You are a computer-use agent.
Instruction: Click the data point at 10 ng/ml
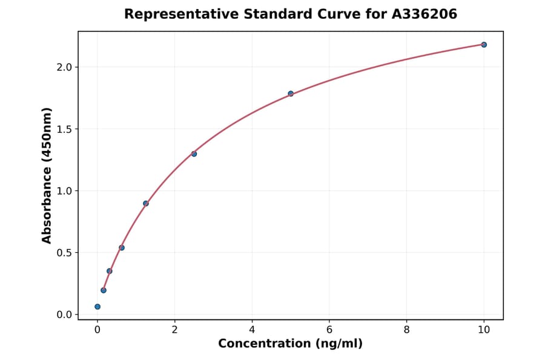tap(484, 44)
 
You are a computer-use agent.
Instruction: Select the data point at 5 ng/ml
tap(291, 93)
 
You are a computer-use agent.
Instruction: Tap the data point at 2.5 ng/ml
tap(194, 153)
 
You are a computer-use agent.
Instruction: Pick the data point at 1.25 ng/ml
tap(146, 203)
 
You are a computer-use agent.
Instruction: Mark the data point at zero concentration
tap(97, 307)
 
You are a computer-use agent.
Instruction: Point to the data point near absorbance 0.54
tap(122, 247)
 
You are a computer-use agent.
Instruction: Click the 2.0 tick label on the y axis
tap(64, 67)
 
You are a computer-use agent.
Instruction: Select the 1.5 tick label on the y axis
tap(64, 129)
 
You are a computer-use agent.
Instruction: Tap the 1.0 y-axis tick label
tap(64, 191)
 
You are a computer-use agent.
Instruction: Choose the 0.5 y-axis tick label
tap(64, 253)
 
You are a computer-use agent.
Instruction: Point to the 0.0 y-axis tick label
tap(64, 315)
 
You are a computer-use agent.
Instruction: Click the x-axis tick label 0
tap(97, 330)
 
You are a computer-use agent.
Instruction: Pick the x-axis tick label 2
tap(175, 330)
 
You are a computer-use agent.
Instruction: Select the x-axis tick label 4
tap(252, 330)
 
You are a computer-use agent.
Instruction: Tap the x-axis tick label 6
tap(329, 330)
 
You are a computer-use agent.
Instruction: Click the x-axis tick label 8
tap(406, 330)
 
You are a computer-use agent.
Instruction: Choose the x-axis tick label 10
tap(484, 330)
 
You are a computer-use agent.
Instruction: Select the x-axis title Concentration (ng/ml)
tap(291, 344)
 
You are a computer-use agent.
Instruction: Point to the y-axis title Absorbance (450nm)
tap(47, 175)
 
